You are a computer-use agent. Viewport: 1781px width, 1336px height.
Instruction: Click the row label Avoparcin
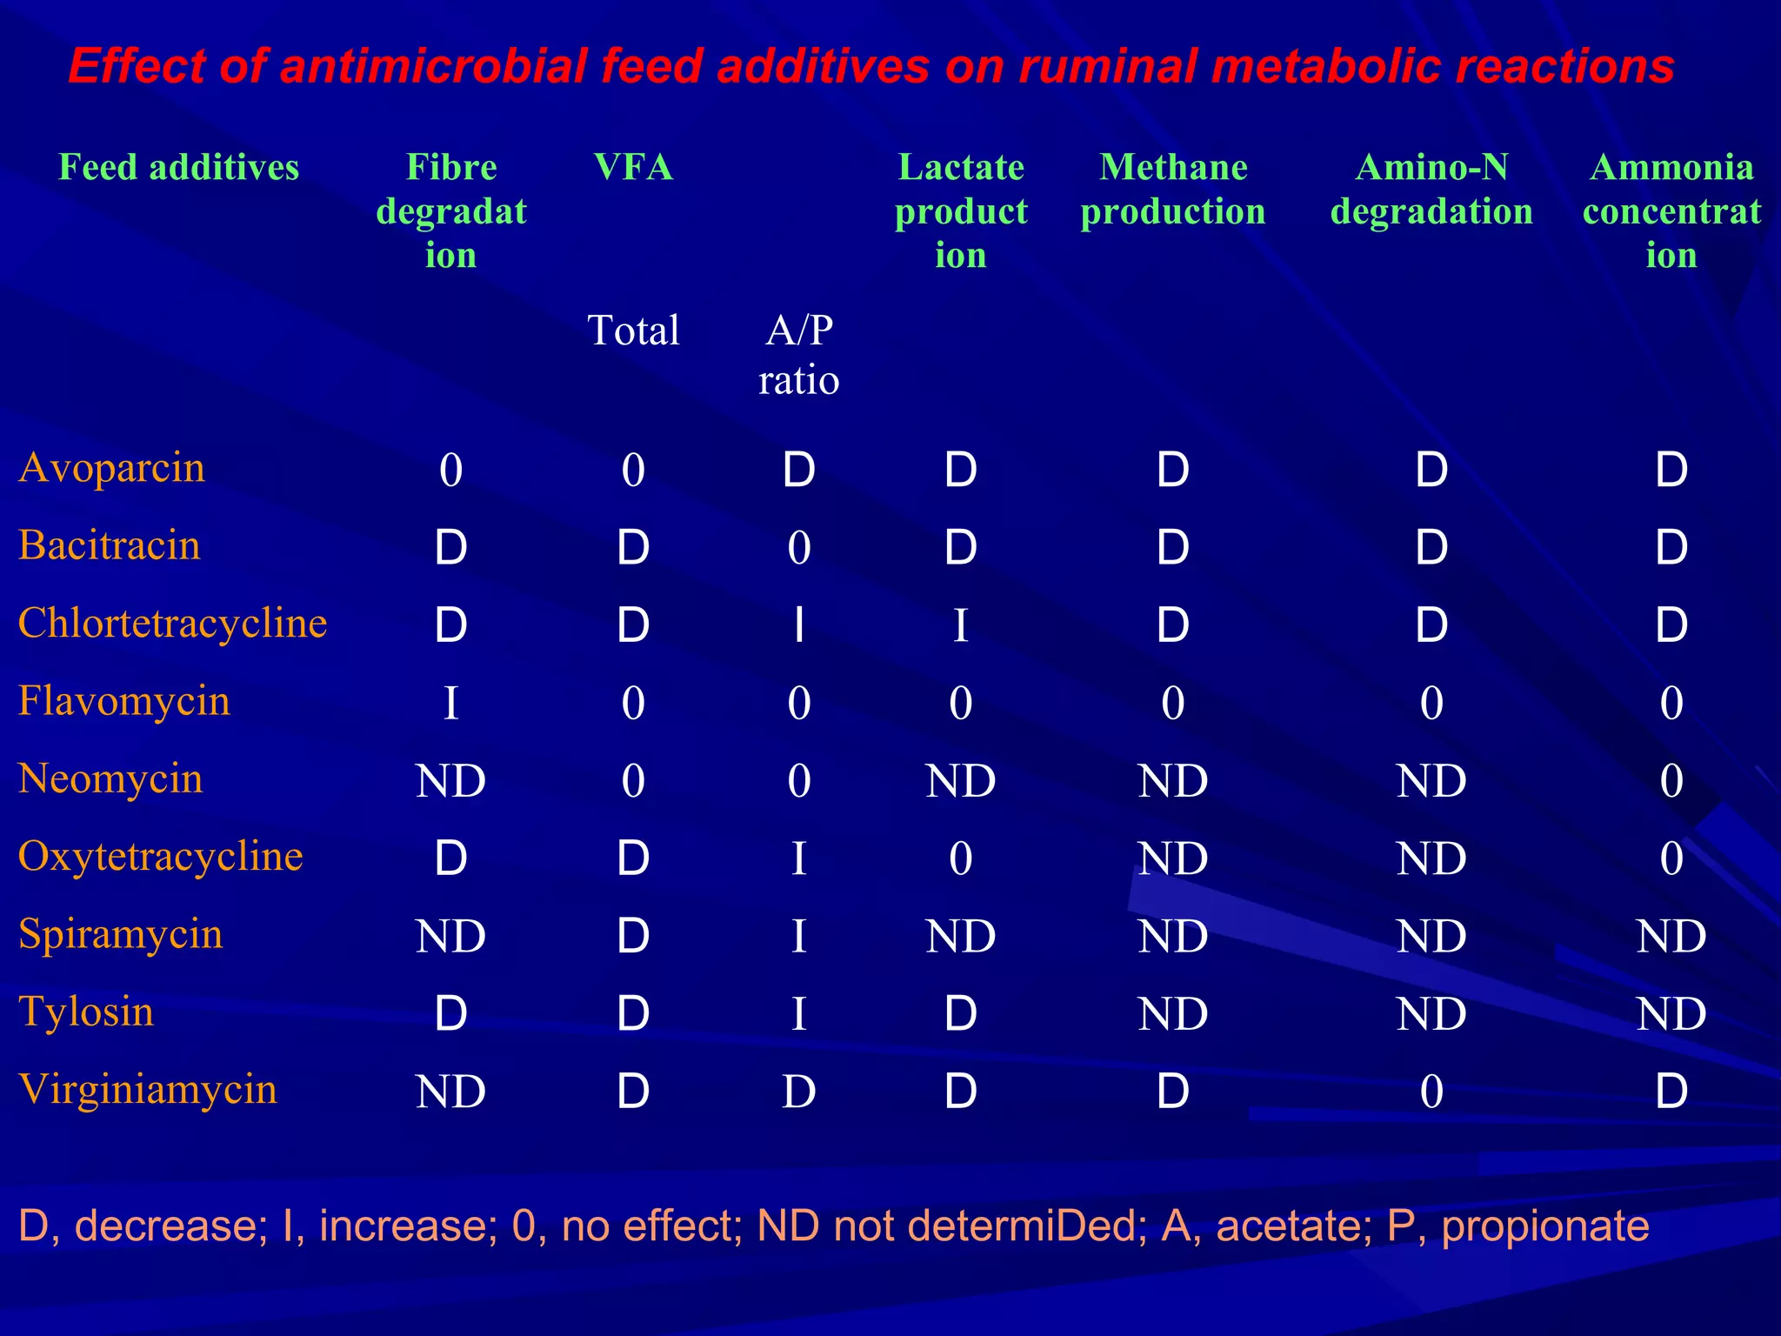112,468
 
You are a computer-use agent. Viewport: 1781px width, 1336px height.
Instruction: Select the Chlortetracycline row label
172,624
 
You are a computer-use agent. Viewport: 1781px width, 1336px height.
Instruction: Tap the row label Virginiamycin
148,1090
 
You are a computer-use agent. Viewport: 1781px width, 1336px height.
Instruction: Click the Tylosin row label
86,1012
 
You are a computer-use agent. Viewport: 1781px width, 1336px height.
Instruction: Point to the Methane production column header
1173,190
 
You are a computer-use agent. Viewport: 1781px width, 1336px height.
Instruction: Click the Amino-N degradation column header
1431,190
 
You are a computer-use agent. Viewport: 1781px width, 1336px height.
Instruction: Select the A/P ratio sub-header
798,355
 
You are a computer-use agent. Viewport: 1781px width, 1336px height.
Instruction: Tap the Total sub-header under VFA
633,331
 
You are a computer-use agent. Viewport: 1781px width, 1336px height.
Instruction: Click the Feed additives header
178,167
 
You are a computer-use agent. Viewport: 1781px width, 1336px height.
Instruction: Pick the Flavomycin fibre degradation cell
450,703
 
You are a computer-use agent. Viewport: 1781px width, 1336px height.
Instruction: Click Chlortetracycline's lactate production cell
960,625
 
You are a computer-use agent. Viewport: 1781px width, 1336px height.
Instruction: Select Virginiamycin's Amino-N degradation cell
1431,1092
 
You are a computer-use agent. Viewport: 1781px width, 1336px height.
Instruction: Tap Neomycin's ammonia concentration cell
1671,780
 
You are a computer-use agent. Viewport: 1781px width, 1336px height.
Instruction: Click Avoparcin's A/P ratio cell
798,470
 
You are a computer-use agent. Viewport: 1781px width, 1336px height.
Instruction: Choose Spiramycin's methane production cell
1173,936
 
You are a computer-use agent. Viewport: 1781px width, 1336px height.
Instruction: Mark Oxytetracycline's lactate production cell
960,858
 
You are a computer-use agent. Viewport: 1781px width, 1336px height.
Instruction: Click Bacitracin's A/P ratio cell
798,548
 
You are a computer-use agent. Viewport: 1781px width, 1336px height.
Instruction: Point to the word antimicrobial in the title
433,66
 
